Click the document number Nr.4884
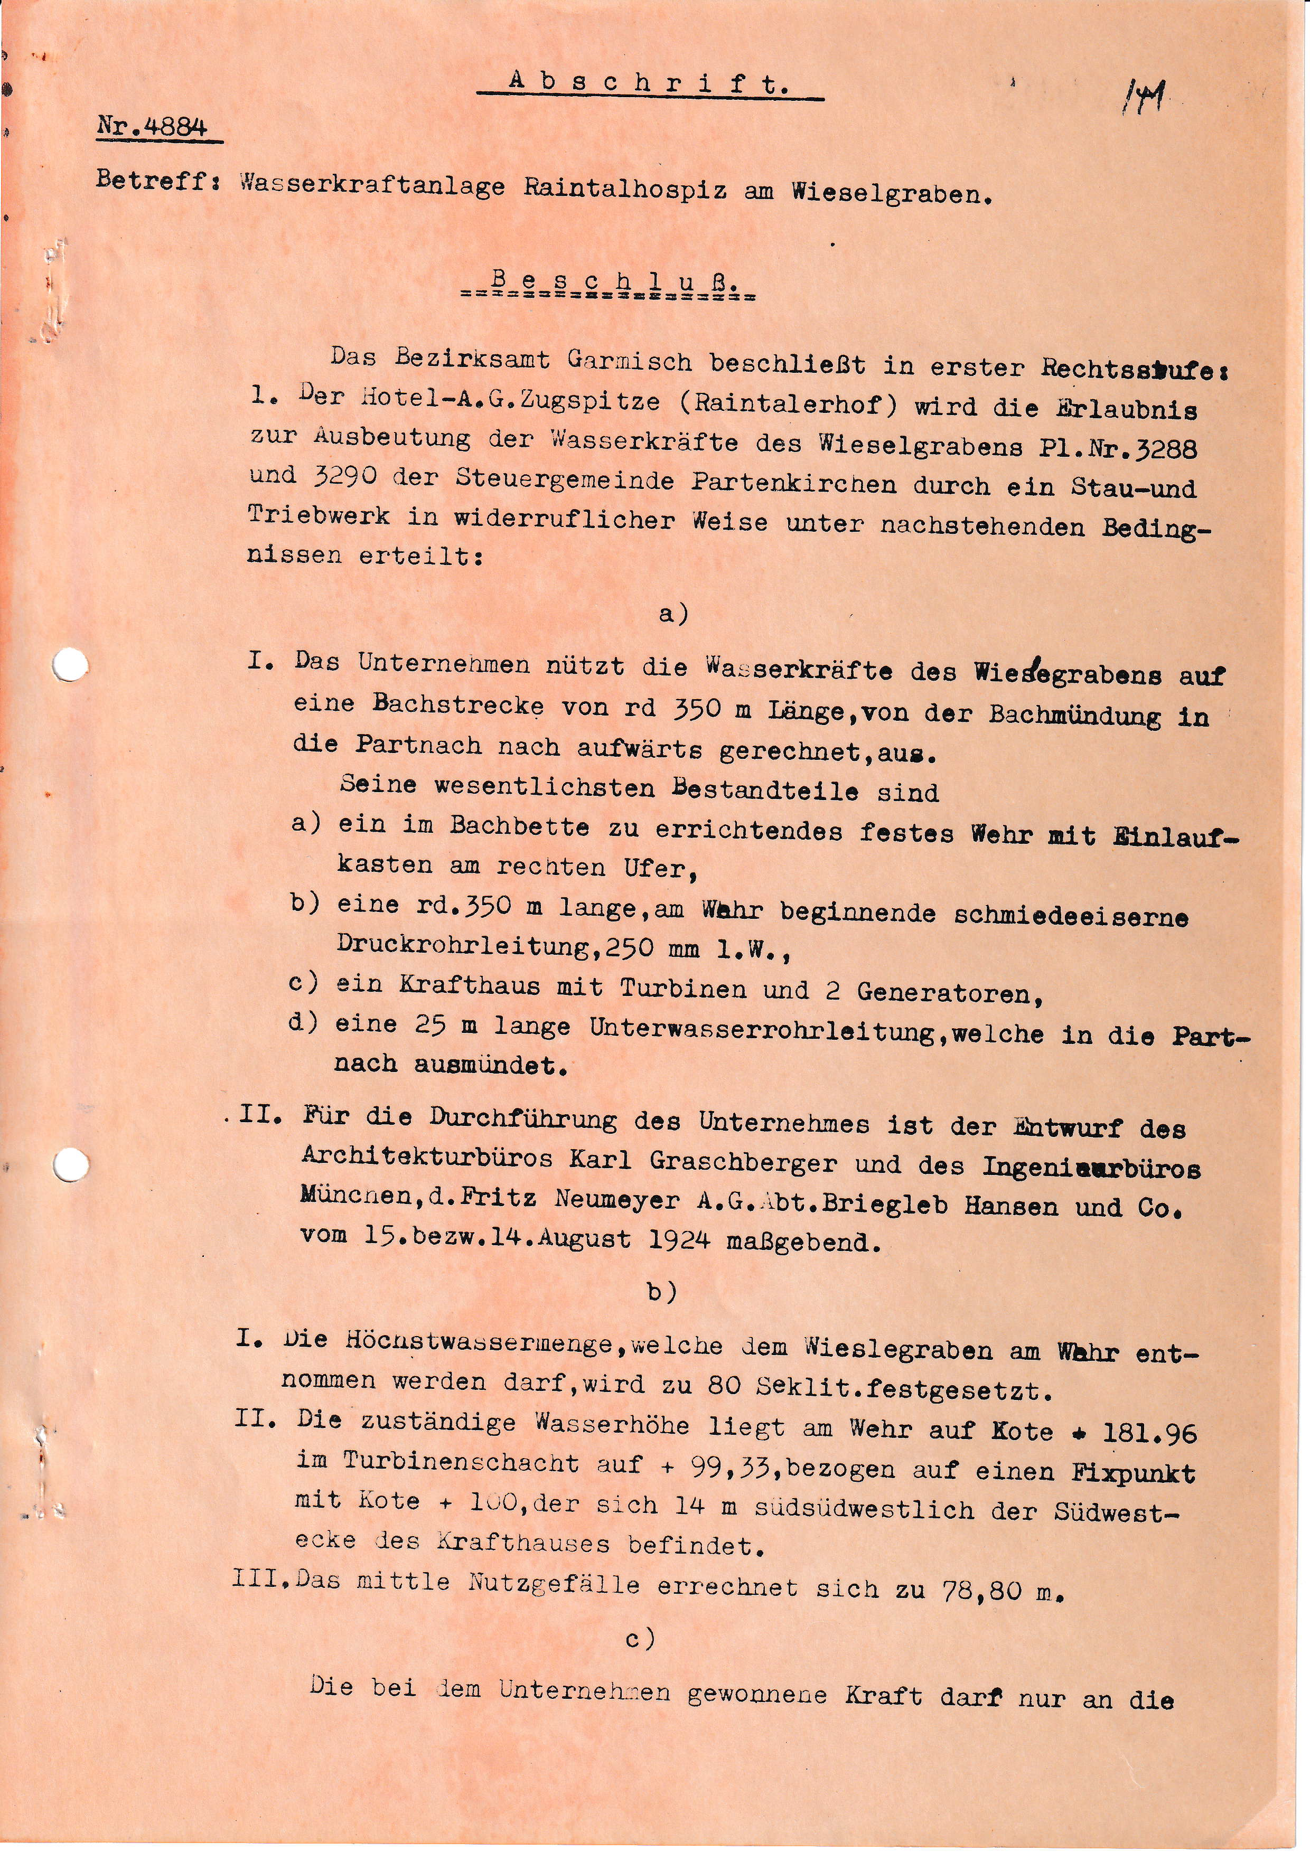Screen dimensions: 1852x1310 [x=153, y=127]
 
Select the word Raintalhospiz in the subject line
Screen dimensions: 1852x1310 [x=625, y=190]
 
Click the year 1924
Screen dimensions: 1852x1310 [x=679, y=1240]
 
